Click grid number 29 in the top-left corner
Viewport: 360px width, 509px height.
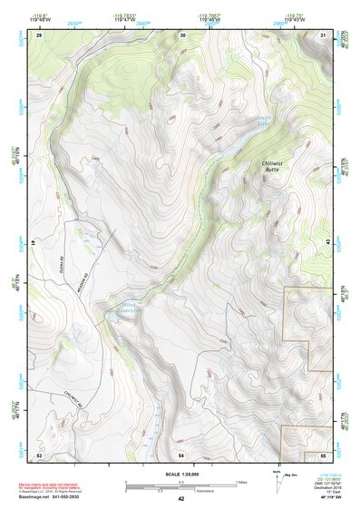(39, 34)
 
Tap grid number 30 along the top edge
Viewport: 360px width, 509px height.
(183, 34)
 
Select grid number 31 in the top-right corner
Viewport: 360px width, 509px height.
(324, 34)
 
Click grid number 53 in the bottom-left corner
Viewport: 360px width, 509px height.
(39, 454)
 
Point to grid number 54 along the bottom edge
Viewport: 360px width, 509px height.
(181, 454)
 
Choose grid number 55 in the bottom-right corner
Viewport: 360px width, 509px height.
(324, 454)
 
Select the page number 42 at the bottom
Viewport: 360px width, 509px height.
(180, 499)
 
